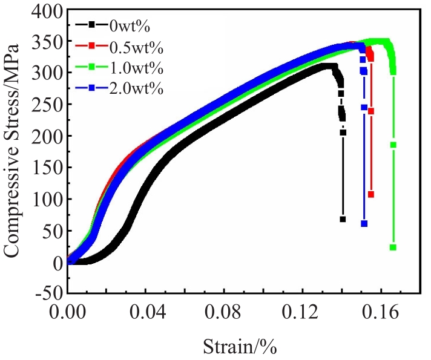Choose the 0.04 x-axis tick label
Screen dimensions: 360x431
coord(146,313)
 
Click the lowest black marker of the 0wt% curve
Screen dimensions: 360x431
coord(343,219)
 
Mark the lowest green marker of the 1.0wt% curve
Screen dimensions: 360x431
coord(393,247)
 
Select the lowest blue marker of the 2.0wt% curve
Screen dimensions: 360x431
coord(364,223)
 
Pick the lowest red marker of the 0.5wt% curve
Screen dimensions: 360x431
coord(370,194)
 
